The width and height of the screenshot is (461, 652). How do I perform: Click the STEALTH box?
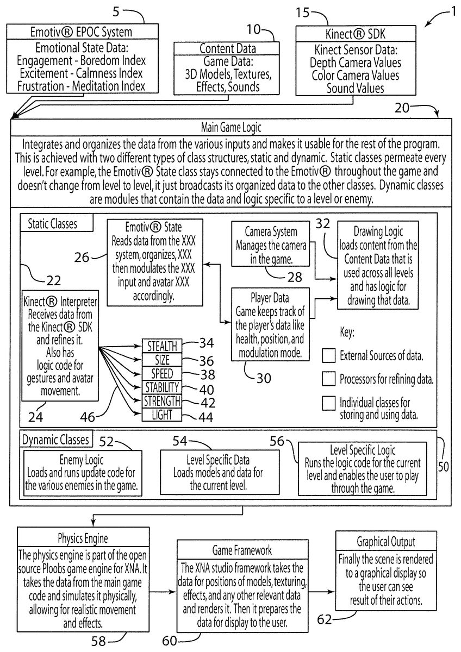pyautogui.click(x=162, y=346)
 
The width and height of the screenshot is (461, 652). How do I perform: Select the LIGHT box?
pyautogui.click(x=162, y=415)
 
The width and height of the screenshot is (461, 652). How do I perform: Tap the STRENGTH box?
pyautogui.click(x=162, y=401)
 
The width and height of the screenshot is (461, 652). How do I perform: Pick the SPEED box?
pyautogui.click(x=162, y=373)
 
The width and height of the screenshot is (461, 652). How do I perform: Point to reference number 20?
pyautogui.click(x=402, y=108)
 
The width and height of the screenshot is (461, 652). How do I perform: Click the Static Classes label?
pyautogui.click(x=52, y=224)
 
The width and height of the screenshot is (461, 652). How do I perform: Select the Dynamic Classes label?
pyautogui.click(x=55, y=440)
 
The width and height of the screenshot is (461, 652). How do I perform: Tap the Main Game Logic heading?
pyautogui.click(x=231, y=127)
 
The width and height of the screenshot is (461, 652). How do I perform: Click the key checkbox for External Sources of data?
pyautogui.click(x=328, y=356)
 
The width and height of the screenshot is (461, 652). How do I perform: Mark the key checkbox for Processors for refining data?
pyautogui.click(x=328, y=379)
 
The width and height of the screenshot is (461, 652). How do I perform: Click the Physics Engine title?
pyautogui.click(x=83, y=538)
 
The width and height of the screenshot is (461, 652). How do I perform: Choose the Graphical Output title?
pyautogui.click(x=386, y=542)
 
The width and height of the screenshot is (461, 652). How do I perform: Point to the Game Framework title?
pyautogui.click(x=242, y=550)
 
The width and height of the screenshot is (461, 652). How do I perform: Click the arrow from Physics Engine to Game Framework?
pyautogui.click(x=163, y=592)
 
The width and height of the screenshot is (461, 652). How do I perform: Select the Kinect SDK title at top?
pyautogui.click(x=356, y=34)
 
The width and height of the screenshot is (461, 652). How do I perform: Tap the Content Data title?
pyautogui.click(x=228, y=48)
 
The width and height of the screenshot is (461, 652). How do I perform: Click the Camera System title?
pyautogui.click(x=271, y=231)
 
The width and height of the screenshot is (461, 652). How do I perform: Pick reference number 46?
pyautogui.click(x=88, y=417)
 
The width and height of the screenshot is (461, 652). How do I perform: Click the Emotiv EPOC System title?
pyautogui.click(x=81, y=32)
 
